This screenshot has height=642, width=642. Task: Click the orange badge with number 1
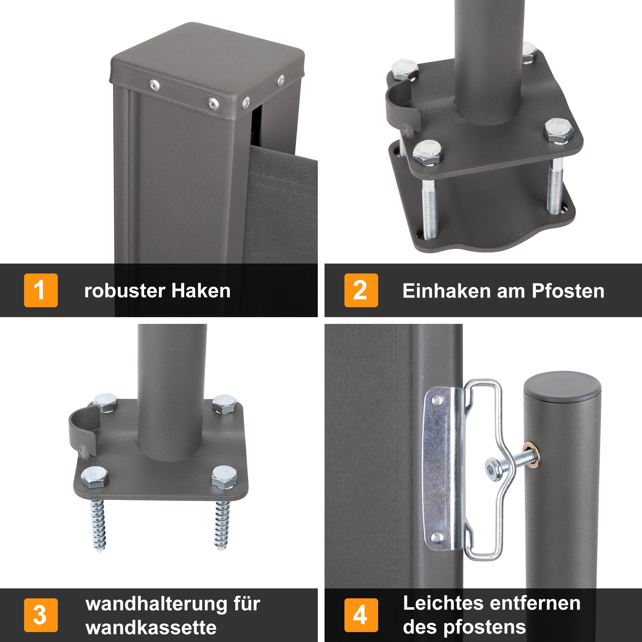click(40, 290)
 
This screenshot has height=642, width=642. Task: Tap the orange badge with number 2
click(361, 290)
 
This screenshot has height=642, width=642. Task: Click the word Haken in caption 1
click(201, 291)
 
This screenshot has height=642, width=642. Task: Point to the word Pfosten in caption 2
click(568, 291)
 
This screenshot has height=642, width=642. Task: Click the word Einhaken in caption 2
click(446, 291)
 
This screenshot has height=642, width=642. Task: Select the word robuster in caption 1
click(125, 291)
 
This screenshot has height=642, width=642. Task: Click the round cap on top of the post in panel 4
click(563, 386)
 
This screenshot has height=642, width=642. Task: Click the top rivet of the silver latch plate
click(437, 400)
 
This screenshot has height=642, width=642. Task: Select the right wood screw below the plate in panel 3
click(221, 525)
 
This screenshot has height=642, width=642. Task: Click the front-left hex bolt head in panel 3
click(94, 477)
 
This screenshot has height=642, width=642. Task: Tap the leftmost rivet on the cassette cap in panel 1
click(154, 85)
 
